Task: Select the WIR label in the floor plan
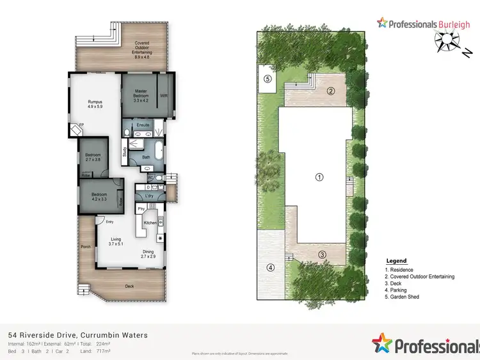click(x=163, y=96)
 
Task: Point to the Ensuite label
click(x=143, y=125)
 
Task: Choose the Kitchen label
click(x=150, y=223)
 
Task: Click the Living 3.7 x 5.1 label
click(x=115, y=242)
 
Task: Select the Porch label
click(x=85, y=246)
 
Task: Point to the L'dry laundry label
click(x=150, y=195)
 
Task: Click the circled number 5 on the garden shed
click(x=268, y=79)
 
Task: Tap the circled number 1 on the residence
click(x=318, y=177)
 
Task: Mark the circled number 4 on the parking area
click(x=270, y=267)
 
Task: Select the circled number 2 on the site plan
click(x=331, y=90)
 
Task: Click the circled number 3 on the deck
click(x=322, y=254)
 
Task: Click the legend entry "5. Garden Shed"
click(x=402, y=297)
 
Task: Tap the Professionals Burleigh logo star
click(x=382, y=24)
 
